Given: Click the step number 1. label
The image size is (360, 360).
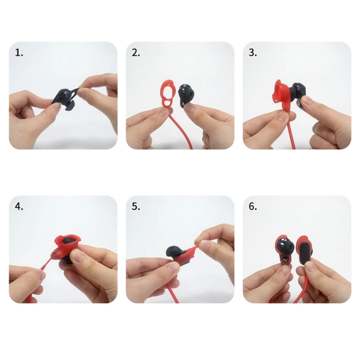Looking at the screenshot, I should (x=19, y=53).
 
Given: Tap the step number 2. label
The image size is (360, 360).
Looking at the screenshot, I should (x=136, y=53).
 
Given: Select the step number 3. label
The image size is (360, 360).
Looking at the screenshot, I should (x=253, y=53).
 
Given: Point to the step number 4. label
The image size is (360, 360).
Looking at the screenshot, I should (x=19, y=207).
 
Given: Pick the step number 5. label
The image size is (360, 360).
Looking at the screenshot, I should (x=136, y=207).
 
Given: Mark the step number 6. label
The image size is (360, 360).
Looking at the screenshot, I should (x=253, y=207).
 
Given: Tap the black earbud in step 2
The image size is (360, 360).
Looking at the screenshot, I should (x=187, y=95).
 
